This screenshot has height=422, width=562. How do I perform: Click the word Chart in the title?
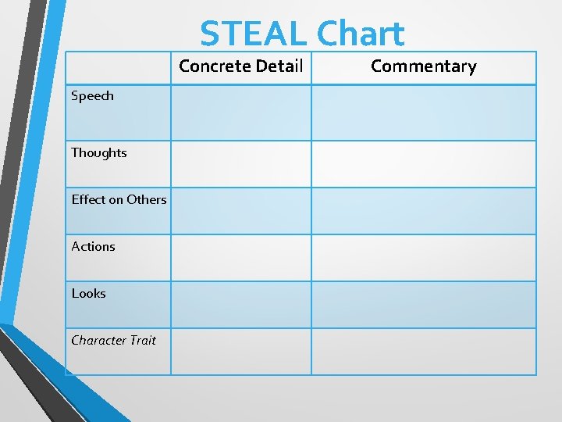(x=361, y=34)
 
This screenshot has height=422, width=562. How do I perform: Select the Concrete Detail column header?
(x=240, y=66)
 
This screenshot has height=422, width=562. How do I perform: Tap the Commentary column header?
(x=423, y=66)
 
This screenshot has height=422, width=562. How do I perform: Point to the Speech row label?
(x=92, y=96)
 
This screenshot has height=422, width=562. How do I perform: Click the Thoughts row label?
(x=98, y=153)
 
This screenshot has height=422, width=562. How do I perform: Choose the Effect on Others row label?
(x=119, y=200)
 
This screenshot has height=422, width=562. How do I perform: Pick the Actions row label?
(x=93, y=247)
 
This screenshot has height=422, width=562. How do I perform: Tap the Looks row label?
(x=88, y=294)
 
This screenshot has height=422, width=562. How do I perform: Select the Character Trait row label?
(x=113, y=341)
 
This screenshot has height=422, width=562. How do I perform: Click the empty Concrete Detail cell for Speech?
(x=240, y=113)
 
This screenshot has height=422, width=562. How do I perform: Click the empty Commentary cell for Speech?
(x=423, y=113)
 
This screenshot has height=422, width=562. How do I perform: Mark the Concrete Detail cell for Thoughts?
(x=240, y=164)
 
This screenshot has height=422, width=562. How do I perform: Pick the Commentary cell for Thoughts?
(x=423, y=164)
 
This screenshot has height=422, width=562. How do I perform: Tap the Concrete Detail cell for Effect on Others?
(x=240, y=211)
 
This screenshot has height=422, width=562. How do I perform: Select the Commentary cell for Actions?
(x=423, y=258)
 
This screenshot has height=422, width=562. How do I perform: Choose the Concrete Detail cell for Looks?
(x=240, y=305)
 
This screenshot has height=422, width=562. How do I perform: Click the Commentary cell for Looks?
(x=423, y=305)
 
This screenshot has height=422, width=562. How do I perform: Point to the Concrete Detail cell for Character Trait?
(x=240, y=352)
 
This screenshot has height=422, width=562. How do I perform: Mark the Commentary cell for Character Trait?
(x=423, y=352)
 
